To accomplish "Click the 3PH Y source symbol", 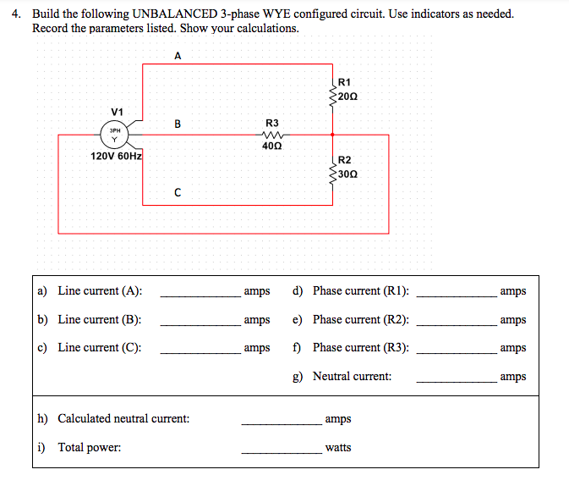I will (112, 135).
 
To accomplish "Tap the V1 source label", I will (117, 111).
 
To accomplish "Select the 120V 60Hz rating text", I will (117, 156).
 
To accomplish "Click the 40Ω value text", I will (272, 146).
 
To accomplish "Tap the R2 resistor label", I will (344, 160).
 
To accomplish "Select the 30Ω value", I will (347, 174).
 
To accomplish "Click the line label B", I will (177, 124).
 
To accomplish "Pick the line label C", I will (177, 192).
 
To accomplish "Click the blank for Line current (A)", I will (200, 293).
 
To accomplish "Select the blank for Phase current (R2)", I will (457, 322).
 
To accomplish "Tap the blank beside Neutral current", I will (457, 378).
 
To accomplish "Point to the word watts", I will (338, 447).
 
